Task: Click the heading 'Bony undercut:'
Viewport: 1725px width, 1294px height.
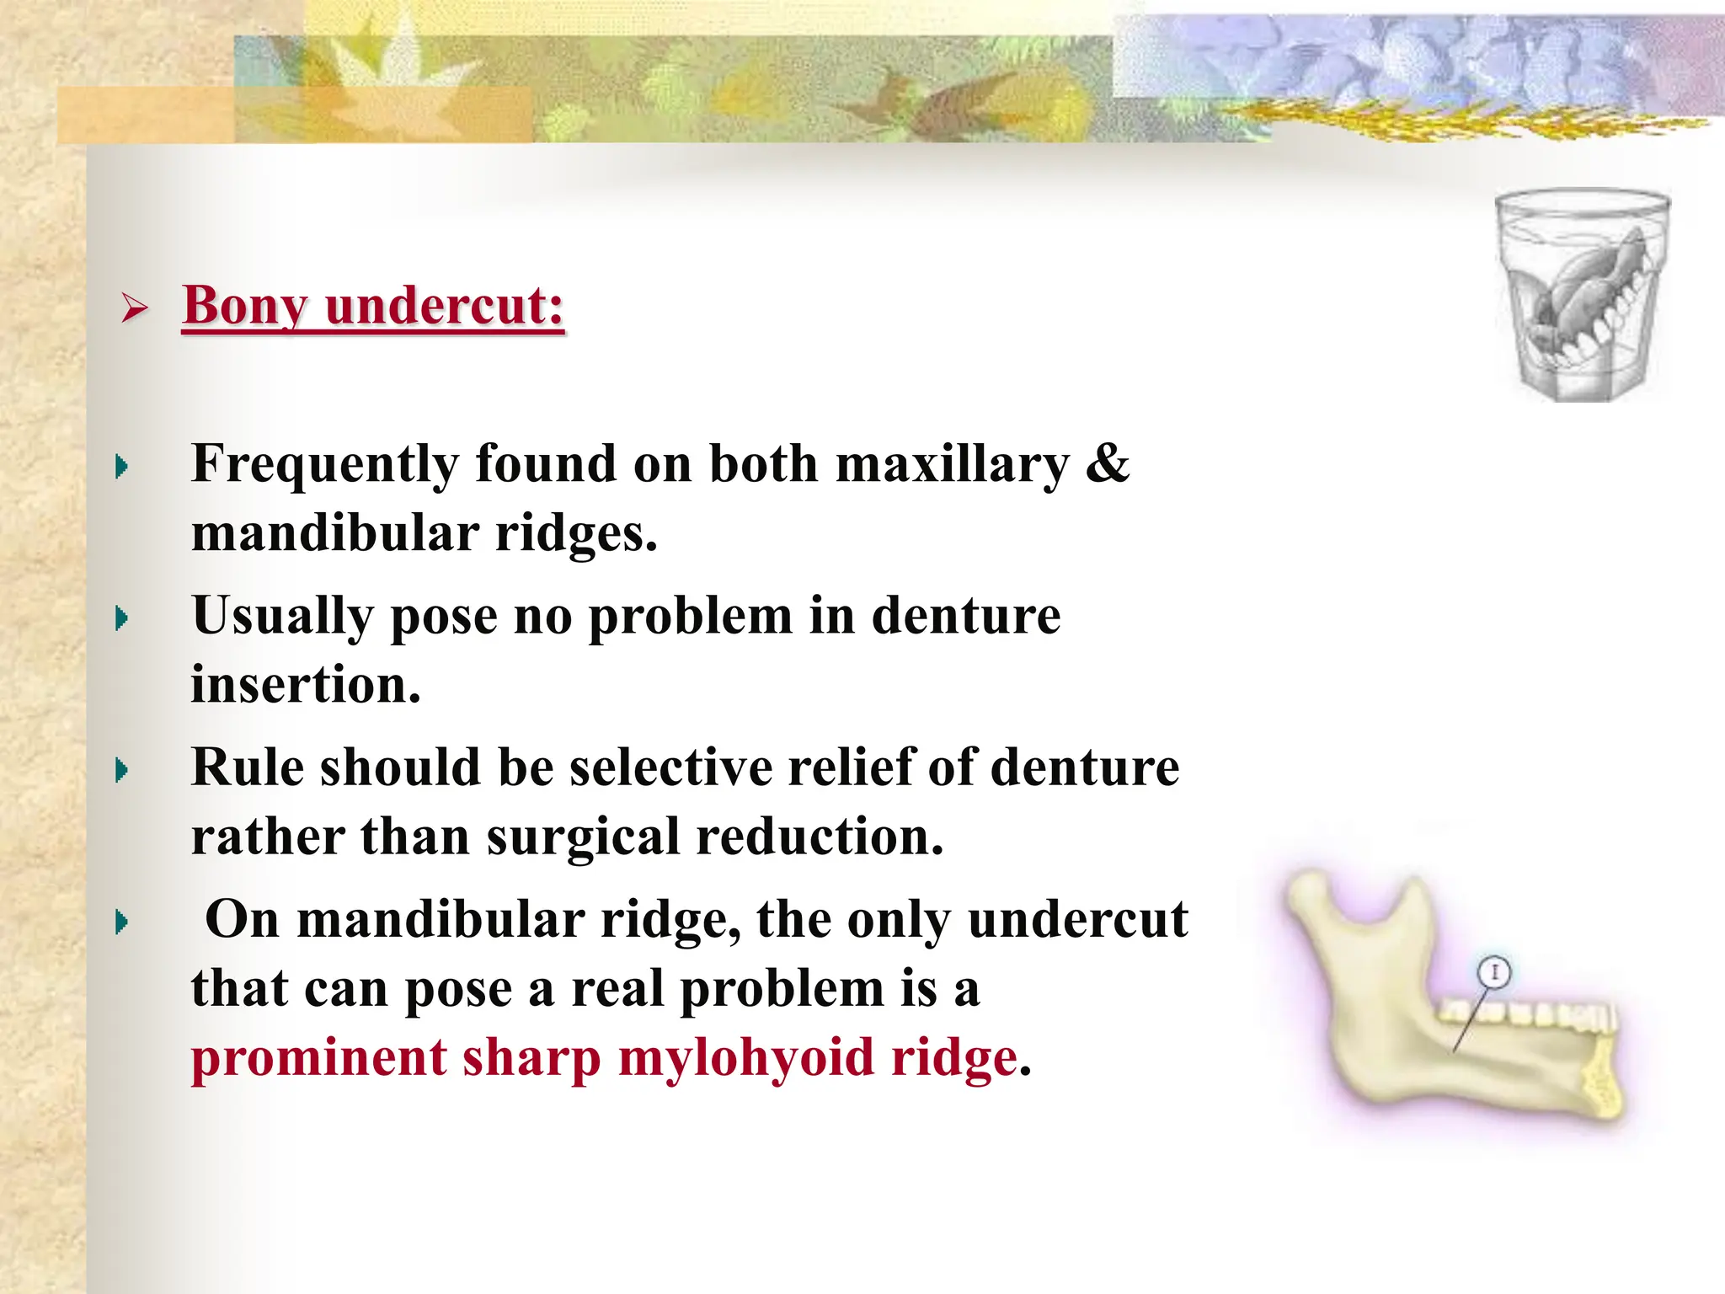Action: click(373, 306)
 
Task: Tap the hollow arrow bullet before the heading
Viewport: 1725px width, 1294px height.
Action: click(134, 308)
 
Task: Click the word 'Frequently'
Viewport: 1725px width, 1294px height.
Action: click(325, 465)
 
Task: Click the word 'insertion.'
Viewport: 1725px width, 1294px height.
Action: click(305, 684)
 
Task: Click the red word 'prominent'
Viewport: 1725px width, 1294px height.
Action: click(318, 1058)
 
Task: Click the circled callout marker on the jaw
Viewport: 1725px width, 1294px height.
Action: click(1494, 973)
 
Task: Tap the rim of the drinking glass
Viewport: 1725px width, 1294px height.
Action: click(1582, 200)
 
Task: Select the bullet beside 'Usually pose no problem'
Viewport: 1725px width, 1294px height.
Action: click(122, 619)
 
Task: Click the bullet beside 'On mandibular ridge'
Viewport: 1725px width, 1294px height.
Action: click(122, 922)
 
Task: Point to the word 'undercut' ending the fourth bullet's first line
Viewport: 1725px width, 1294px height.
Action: click(1077, 919)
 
